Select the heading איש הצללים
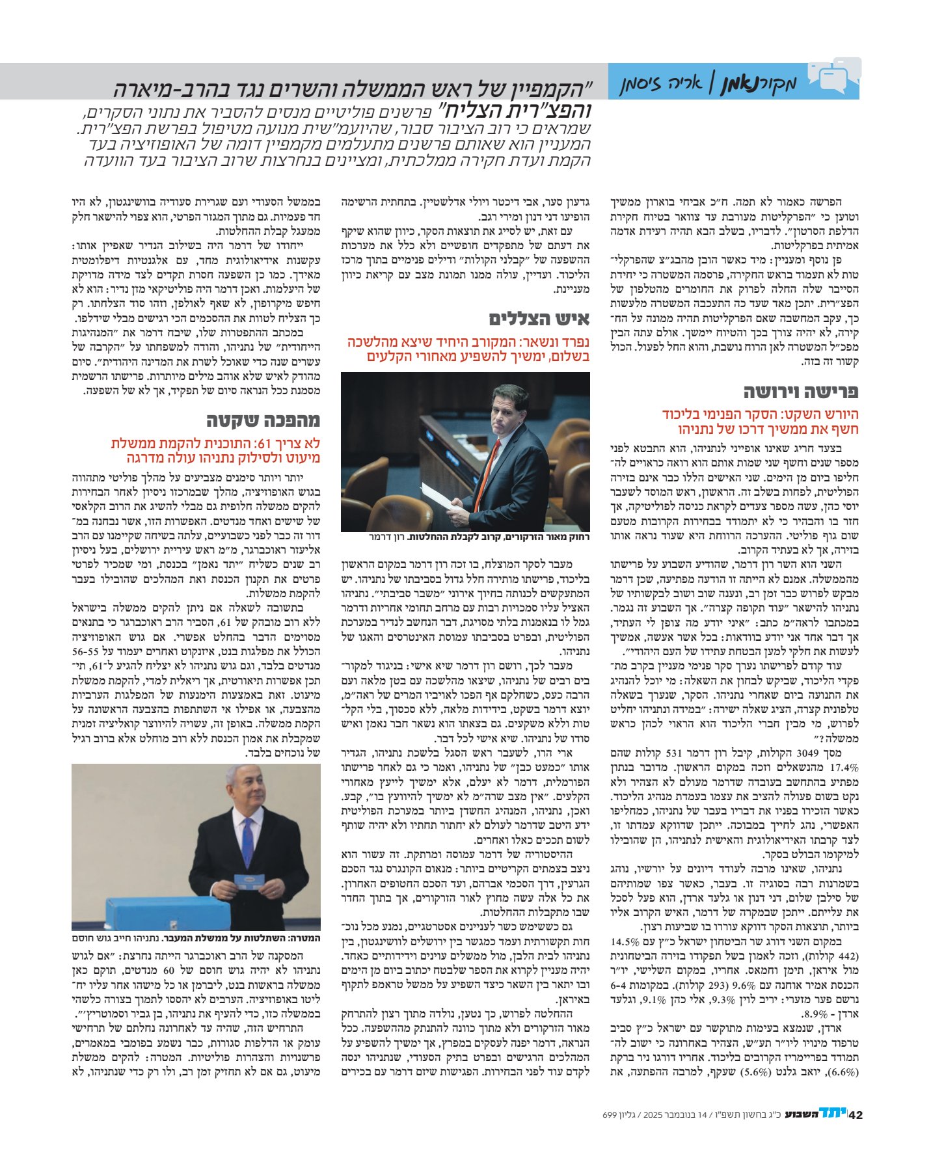pyautogui.click(x=539, y=319)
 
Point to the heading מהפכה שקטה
pyautogui.click(x=263, y=421)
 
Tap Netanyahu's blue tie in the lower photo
pyautogui.click(x=247, y=839)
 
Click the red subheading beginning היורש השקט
pyautogui.click(x=760, y=422)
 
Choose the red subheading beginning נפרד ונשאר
pyautogui.click(x=468, y=349)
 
